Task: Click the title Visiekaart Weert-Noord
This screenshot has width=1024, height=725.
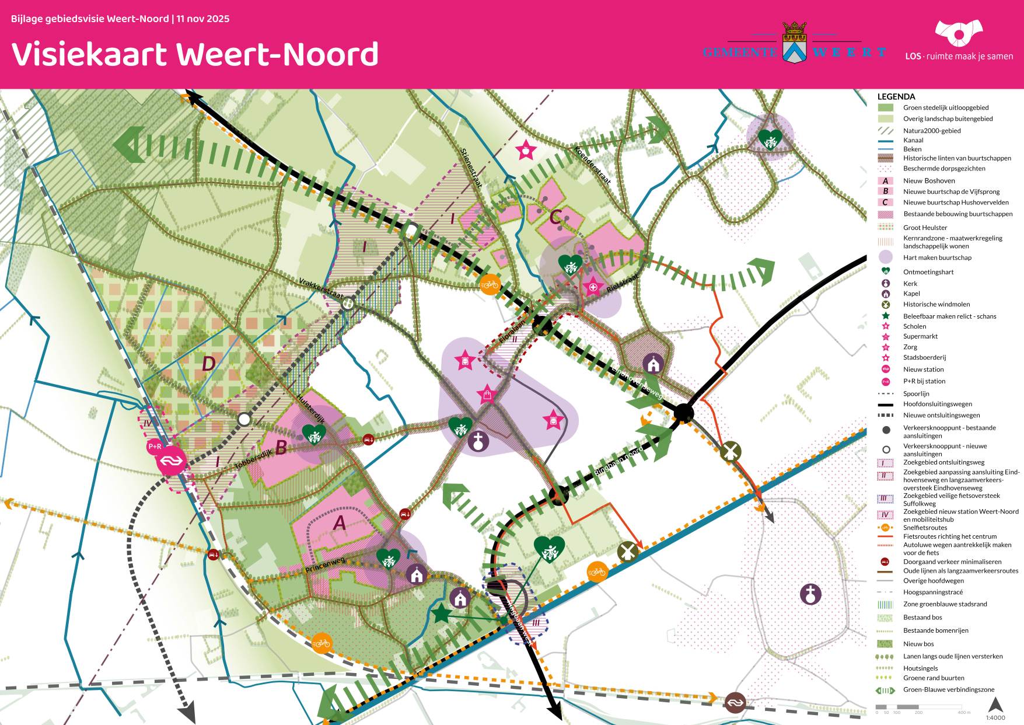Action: point(195,54)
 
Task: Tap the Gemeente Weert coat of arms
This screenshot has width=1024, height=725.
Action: point(794,43)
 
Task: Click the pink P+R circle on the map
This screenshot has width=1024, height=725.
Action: point(155,447)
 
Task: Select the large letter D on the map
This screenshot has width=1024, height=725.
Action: point(208,364)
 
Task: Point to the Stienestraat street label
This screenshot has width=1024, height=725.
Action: point(471,168)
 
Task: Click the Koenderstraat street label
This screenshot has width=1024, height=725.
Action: point(593,165)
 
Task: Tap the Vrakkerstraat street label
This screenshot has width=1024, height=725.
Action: point(320,288)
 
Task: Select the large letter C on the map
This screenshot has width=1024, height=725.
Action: point(555,217)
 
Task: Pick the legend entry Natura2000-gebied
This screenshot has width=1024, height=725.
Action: point(932,131)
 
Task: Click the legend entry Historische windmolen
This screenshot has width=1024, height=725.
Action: point(936,304)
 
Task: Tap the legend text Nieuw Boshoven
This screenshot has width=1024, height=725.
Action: point(929,181)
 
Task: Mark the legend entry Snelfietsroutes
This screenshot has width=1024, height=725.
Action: point(925,528)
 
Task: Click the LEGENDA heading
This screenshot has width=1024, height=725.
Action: point(896,97)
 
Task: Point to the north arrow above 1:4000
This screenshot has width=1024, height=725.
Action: point(995,705)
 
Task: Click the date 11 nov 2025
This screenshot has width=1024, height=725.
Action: point(203,19)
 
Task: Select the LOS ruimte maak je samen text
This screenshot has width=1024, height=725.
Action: point(959,57)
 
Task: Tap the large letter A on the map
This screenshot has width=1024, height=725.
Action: point(339,523)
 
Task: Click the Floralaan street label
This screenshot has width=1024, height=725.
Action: point(512,330)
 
